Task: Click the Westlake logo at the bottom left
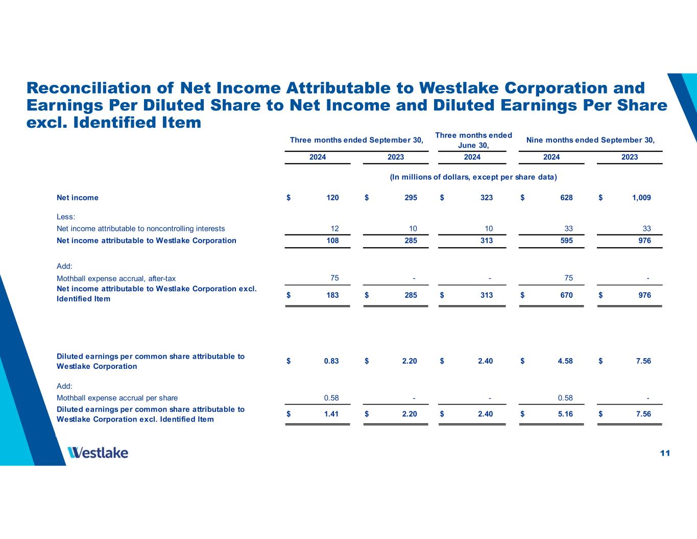(98, 453)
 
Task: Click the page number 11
(665, 453)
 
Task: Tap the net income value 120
(332, 198)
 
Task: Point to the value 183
(332, 295)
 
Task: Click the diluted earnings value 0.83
(331, 361)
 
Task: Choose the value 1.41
(331, 414)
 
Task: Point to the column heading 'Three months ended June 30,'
(473, 140)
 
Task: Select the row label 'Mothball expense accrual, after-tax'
(116, 278)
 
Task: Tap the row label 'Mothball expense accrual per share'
(117, 397)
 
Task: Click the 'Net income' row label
(78, 198)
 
